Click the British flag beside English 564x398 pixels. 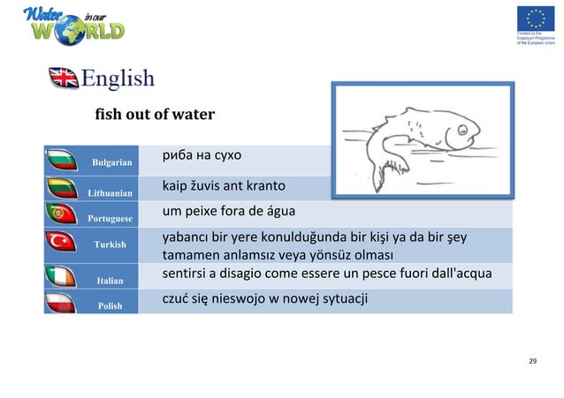[x=64, y=79]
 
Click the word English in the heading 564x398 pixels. [x=118, y=79]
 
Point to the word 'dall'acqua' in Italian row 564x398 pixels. [x=457, y=274]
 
